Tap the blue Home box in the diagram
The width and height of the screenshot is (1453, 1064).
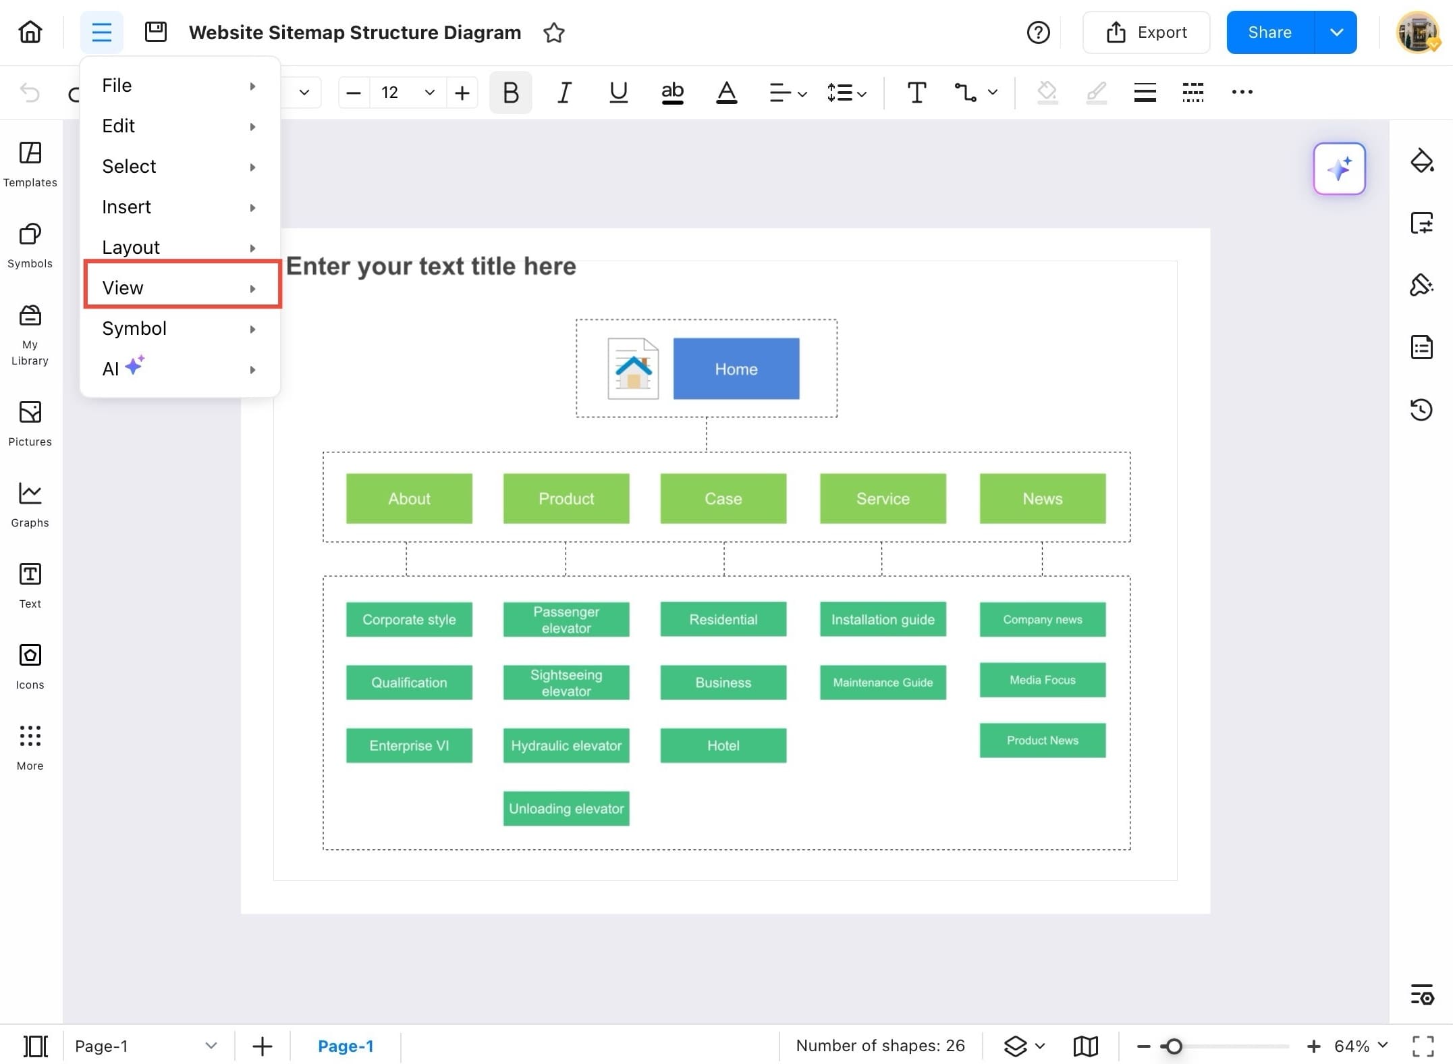pos(736,369)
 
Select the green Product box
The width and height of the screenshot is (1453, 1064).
pos(566,499)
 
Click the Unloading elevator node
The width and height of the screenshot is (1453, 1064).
pos(566,809)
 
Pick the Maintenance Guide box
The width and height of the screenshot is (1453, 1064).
pos(882,683)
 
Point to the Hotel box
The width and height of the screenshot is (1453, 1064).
pos(723,745)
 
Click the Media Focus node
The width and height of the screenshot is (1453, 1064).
pos(1042,680)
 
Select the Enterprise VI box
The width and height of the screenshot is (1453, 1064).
pos(409,745)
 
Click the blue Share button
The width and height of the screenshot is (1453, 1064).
pos(1269,32)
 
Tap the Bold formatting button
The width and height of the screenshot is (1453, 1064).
pos(511,92)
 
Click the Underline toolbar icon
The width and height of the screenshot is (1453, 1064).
pos(618,92)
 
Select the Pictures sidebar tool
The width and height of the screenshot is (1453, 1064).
pos(30,423)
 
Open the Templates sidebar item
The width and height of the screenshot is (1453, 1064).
pos(30,164)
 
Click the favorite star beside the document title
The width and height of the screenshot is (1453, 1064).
pos(554,32)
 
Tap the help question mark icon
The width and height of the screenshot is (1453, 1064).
pos(1038,32)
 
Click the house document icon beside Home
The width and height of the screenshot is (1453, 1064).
pos(633,369)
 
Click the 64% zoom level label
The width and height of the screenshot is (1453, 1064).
pos(1352,1046)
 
